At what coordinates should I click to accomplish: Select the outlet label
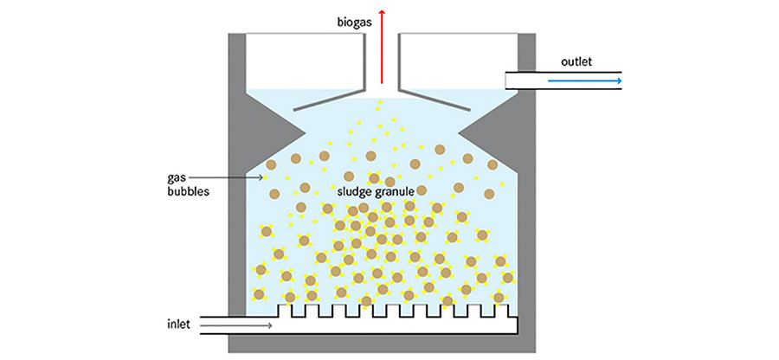(x=577, y=62)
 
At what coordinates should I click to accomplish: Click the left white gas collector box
(x=303, y=61)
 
